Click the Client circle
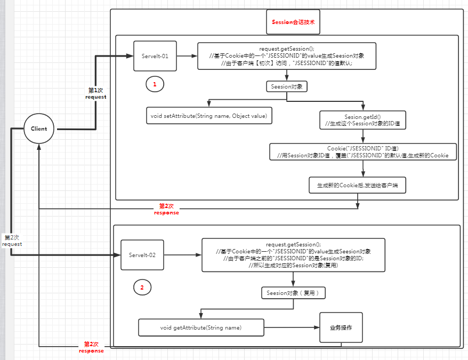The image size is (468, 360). point(39,129)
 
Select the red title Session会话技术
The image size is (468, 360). point(293,22)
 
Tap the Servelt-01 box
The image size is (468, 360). point(155,55)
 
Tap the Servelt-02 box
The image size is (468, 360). point(142,255)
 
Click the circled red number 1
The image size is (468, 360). point(155,84)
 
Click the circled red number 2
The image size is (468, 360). point(142,287)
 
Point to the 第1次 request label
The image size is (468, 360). point(96,94)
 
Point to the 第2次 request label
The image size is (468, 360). point(12,241)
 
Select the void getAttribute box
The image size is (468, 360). point(201,327)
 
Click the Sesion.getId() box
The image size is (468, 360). point(362,120)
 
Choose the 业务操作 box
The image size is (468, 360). point(341,327)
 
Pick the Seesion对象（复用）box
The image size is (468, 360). point(293,293)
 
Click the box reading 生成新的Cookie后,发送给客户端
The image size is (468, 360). point(357,185)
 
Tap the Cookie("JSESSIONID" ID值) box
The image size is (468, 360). point(362,151)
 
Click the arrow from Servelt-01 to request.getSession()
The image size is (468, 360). point(187,55)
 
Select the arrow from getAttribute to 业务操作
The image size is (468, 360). point(292,327)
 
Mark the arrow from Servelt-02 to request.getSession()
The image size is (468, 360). point(182,255)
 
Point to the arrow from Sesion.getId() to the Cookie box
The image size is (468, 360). point(362,136)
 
